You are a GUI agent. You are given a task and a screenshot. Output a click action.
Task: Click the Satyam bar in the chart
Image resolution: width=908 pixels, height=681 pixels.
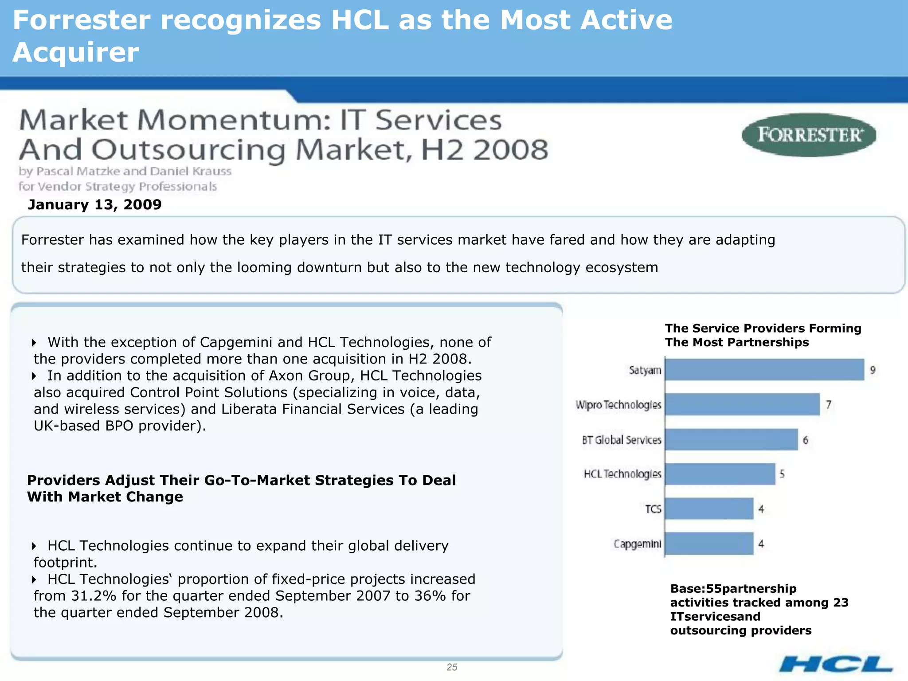tap(764, 370)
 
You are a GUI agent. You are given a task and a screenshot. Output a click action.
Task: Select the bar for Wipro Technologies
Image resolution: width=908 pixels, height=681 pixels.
tap(742, 404)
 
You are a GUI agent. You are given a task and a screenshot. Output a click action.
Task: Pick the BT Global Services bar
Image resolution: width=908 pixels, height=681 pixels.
tap(731, 439)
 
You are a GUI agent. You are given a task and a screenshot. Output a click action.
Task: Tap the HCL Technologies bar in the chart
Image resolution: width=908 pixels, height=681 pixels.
tap(720, 474)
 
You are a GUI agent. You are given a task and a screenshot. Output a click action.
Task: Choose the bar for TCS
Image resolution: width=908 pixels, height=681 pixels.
tap(709, 509)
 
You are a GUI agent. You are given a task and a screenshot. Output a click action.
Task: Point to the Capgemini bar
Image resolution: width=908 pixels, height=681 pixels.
tap(709, 544)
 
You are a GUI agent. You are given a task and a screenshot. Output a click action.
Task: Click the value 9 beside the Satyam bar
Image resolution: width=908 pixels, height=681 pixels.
tap(873, 370)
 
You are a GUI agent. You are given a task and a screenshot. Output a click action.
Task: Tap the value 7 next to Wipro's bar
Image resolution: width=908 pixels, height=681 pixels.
tap(828, 405)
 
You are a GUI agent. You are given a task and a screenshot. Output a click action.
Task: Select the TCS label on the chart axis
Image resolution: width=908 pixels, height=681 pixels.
tap(653, 509)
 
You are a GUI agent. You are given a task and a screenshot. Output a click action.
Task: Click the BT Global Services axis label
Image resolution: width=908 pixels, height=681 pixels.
tap(622, 440)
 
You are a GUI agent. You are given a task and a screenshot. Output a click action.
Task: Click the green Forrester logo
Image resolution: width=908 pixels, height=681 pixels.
tap(809, 135)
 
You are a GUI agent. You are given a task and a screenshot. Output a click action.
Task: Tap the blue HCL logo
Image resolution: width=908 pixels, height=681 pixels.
tap(835, 664)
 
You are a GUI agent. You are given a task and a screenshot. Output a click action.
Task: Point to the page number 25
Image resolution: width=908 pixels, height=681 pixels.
tap(452, 667)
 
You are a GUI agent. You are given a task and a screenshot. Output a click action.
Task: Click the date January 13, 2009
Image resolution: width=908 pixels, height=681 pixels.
tap(94, 204)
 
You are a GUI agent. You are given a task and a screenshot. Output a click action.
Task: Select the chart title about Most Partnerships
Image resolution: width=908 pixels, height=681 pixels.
tap(763, 335)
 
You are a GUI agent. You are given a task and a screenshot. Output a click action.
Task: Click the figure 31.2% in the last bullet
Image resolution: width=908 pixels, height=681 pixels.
tap(94, 596)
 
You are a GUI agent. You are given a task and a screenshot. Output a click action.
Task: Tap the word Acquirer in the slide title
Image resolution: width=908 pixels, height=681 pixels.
tap(76, 52)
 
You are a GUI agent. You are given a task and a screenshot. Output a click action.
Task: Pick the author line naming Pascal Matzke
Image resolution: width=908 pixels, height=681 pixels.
tap(125, 171)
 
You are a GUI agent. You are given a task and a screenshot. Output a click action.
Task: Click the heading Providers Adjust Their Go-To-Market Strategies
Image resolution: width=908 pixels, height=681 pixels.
tap(241, 488)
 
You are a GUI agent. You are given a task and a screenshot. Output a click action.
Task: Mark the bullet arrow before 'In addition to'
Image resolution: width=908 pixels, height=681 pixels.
tap(34, 376)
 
